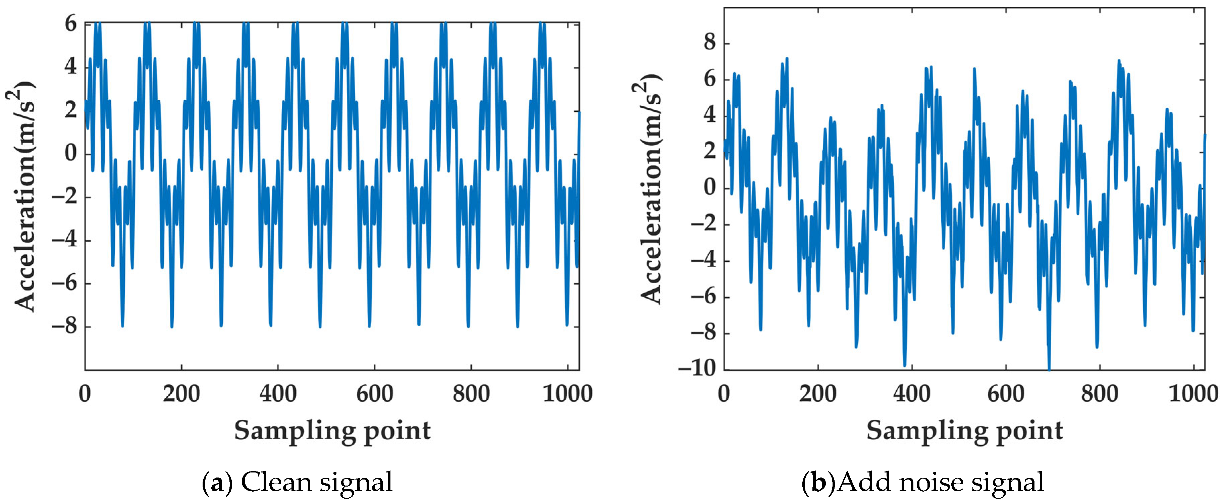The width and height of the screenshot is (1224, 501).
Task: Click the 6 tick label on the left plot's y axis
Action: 70,23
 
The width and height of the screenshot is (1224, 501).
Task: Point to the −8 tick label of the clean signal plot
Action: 64,327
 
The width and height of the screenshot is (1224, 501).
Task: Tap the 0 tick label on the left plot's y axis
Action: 70,154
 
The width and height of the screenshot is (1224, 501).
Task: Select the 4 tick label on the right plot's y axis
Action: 709,115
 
